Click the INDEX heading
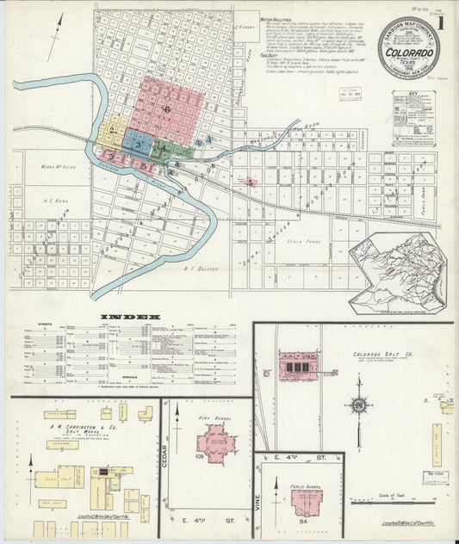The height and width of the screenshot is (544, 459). [130, 316]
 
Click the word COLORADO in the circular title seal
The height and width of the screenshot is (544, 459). [403, 51]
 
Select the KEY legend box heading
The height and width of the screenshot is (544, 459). [413, 98]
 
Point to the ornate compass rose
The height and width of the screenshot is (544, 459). [358, 405]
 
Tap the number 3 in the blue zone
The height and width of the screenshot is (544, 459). [138, 145]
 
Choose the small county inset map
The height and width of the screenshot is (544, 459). [397, 273]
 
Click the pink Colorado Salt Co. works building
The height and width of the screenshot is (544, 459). [297, 366]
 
